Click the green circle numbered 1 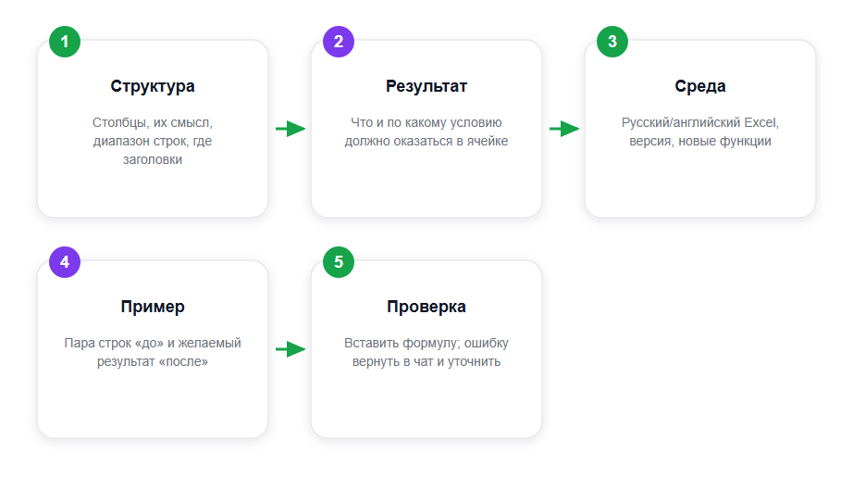(65, 42)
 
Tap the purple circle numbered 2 (339, 42)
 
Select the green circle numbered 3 (612, 42)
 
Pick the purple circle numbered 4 (65, 262)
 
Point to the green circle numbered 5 (339, 262)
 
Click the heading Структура (153, 86)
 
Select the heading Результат (426, 86)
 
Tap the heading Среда (700, 86)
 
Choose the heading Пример (153, 307)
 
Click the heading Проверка (426, 307)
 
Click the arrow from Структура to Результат (291, 129)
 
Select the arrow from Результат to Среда (564, 129)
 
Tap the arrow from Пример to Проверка (291, 349)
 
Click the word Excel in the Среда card (761, 122)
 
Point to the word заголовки (153, 160)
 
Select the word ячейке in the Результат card (487, 142)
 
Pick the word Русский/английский (681, 123)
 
